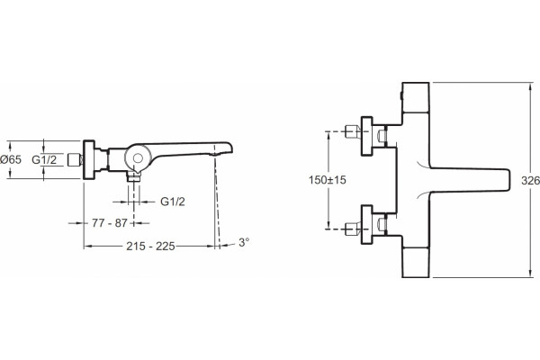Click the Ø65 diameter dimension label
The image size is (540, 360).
11,159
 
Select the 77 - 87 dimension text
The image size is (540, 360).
110,223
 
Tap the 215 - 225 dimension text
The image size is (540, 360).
150,247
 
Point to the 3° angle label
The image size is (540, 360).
244,242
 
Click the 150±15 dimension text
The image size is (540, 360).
328,180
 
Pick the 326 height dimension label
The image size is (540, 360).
530,181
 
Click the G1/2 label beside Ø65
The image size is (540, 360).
44,159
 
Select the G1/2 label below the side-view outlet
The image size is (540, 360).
173,202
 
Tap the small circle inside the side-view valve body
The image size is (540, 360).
138,158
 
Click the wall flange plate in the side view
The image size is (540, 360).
89,159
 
